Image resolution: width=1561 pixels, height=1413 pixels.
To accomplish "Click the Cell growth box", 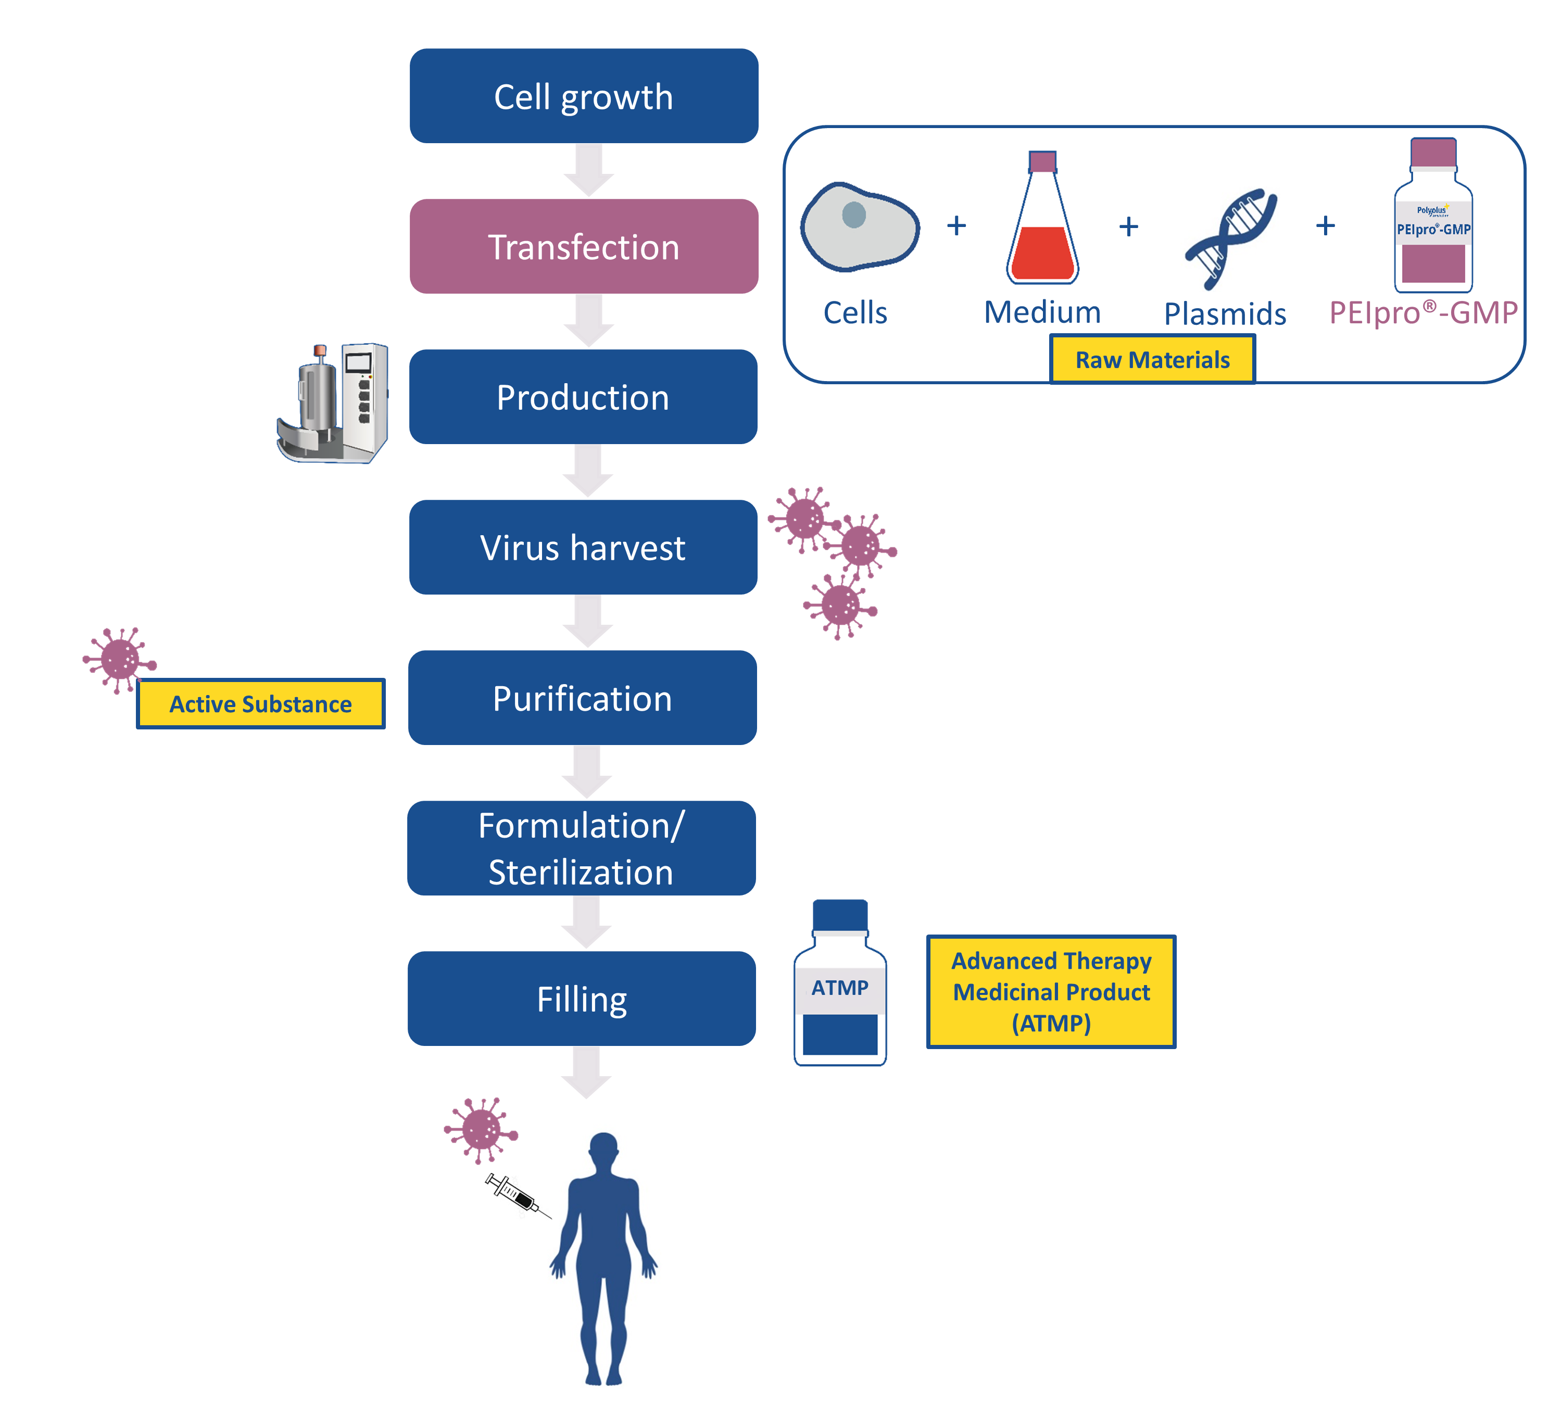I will pos(583,96).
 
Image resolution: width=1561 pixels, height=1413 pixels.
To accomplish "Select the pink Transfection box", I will pos(583,246).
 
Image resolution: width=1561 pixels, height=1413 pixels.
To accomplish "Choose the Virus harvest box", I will pos(583,547).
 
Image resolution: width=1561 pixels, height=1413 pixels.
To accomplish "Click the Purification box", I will pos(582,698).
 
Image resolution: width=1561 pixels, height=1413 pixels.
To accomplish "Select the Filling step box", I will pos(582,999).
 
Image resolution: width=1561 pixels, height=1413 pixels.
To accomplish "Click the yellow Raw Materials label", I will pos(1152,359).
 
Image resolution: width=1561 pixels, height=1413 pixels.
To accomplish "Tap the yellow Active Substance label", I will pos(260,704).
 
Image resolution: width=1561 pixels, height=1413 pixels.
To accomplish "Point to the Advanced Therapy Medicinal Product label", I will pos(1051,992).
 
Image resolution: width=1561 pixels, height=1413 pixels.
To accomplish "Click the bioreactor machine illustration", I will pos(333,402).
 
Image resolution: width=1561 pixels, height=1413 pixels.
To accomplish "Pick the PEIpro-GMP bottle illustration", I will pos(1433,217).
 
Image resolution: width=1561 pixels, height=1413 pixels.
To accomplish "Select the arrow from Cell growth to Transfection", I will pos(588,170).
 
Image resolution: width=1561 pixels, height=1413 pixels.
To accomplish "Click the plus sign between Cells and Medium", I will pos(956,225).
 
